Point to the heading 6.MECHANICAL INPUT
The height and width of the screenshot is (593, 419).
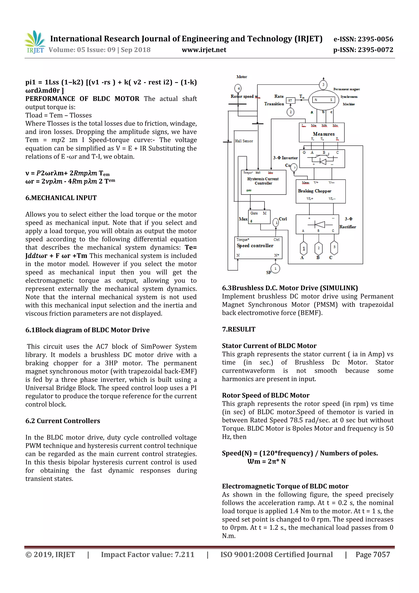[61, 198]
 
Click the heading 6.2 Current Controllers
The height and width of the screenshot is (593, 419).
[63, 421]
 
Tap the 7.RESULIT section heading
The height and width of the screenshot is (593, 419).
[239, 329]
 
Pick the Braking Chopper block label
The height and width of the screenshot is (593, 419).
[314, 191]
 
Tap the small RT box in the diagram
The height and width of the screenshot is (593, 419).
[290, 101]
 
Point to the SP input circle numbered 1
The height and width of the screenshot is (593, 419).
[275, 269]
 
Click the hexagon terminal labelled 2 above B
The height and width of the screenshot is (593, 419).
[319, 248]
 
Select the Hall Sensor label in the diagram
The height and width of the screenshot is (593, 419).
[244, 141]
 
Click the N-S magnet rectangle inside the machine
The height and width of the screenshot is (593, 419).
[323, 100]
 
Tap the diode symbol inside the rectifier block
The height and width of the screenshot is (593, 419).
[320, 224]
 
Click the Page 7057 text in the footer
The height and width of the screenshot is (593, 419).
[373, 555]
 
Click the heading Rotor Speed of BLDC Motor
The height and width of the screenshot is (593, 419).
[266, 395]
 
